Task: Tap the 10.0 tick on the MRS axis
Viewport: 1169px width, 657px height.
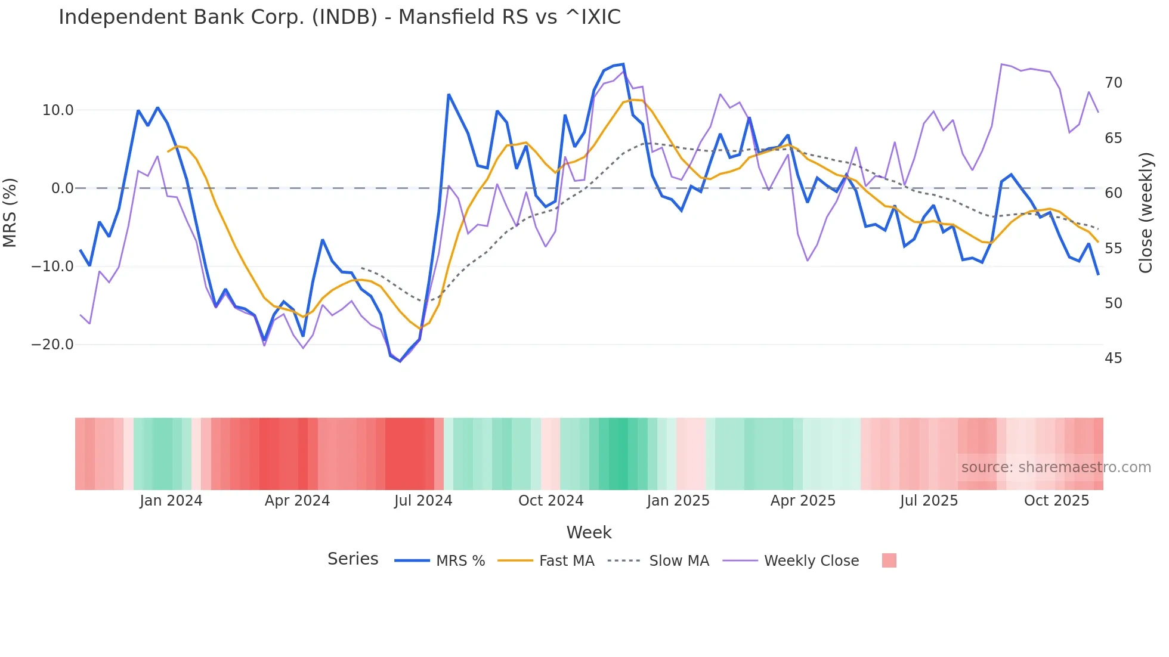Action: click(x=58, y=110)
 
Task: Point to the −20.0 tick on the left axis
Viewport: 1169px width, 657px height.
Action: click(x=52, y=345)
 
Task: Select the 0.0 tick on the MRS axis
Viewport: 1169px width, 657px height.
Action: click(x=62, y=188)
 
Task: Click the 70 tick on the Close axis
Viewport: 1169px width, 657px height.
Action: click(x=1113, y=83)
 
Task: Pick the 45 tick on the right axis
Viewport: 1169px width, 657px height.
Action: click(x=1113, y=358)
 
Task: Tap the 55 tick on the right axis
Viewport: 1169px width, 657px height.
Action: click(x=1113, y=249)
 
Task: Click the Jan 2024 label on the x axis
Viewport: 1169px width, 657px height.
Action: click(x=171, y=501)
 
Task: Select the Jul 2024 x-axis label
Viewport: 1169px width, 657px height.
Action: click(x=423, y=501)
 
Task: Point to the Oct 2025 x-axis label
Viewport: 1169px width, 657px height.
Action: click(x=1056, y=501)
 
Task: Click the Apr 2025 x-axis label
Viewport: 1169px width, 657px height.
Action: click(x=803, y=501)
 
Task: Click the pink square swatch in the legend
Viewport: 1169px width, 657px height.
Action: click(x=889, y=561)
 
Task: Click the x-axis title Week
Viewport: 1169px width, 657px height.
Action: click(x=589, y=532)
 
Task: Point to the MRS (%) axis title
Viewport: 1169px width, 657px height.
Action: click(x=10, y=212)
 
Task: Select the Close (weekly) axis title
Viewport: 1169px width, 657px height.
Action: click(x=1145, y=212)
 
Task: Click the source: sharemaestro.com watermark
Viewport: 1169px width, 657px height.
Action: click(x=1056, y=467)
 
